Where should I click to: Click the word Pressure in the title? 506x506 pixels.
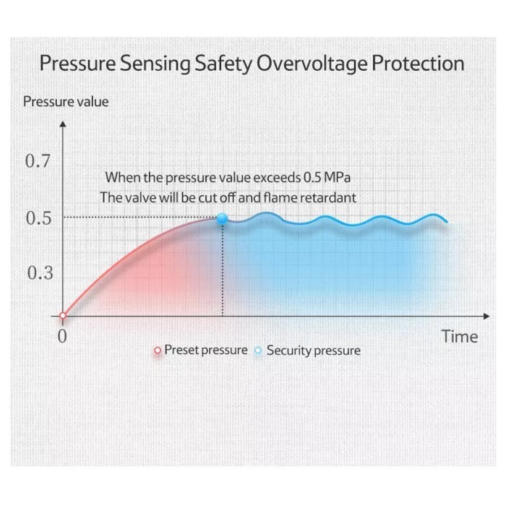[x=76, y=64]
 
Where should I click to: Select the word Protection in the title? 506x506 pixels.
[x=417, y=64]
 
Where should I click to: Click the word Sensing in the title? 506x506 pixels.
[x=154, y=64]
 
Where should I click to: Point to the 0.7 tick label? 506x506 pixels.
[x=38, y=161]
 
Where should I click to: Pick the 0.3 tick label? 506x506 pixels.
[x=38, y=273]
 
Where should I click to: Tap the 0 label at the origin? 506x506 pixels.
[x=62, y=337]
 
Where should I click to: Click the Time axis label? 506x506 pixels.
[x=460, y=337]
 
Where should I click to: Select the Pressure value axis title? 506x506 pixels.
[x=66, y=101]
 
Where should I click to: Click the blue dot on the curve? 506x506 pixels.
[x=222, y=218]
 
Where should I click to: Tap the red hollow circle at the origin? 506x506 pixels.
[x=63, y=316]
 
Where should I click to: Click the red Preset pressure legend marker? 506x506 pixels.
[x=157, y=351]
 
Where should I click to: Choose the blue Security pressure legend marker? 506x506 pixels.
[x=258, y=351]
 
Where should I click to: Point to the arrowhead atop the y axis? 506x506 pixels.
[x=63, y=124]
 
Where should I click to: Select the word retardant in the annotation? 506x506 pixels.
[x=330, y=197]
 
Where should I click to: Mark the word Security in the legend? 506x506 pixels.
[x=288, y=351]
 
